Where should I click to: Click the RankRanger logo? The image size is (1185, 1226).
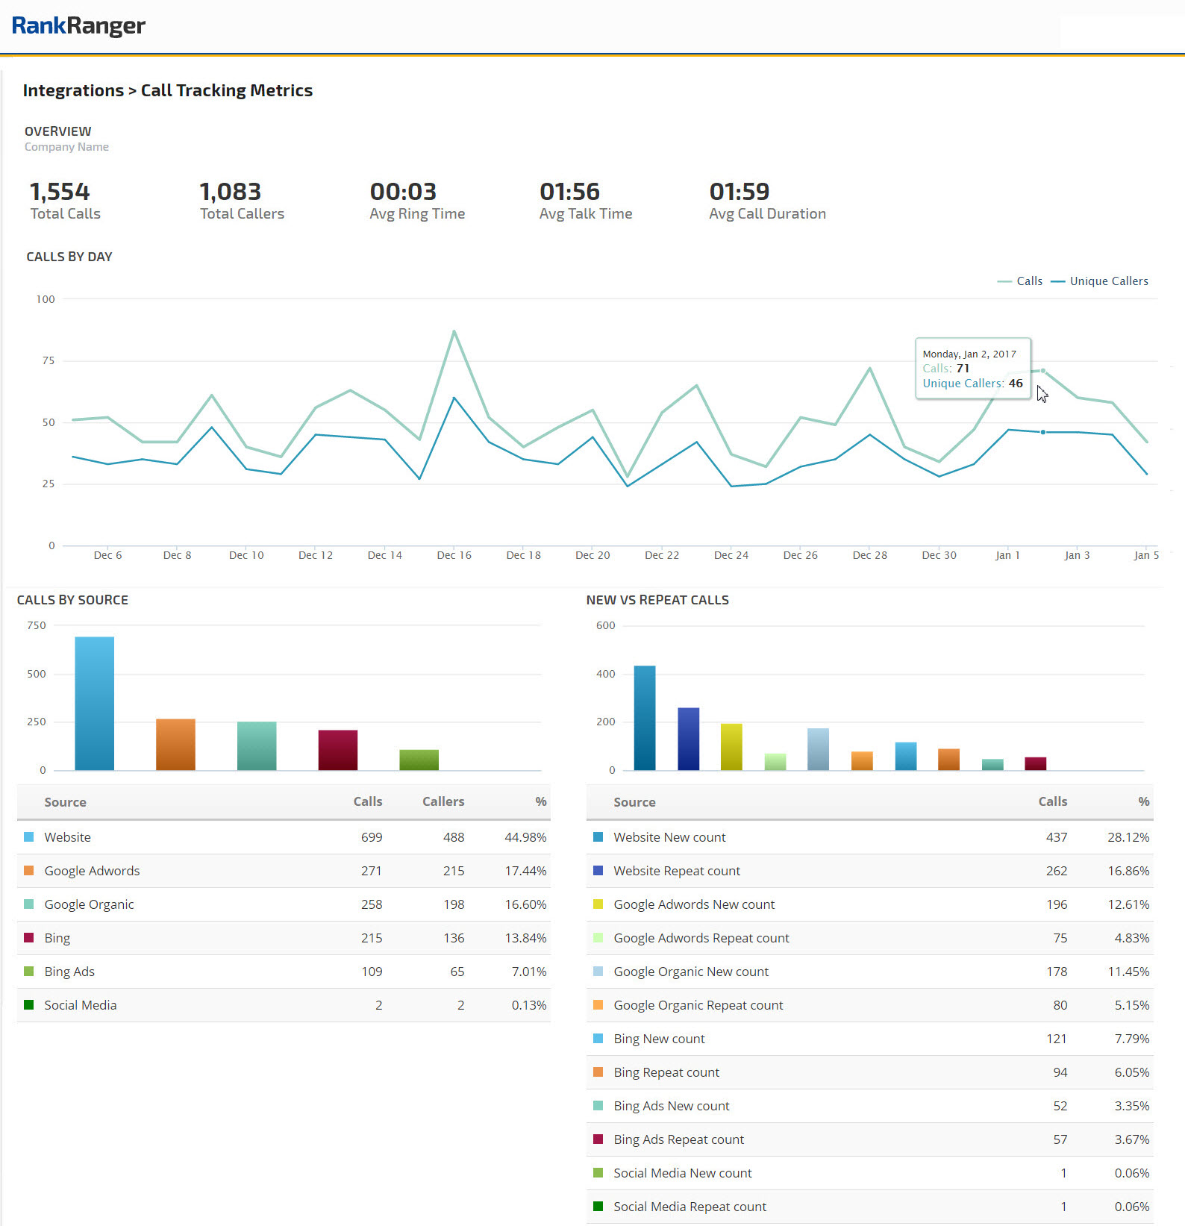[78, 26]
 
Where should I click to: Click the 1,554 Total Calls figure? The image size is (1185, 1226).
[60, 193]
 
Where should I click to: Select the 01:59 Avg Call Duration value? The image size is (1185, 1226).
[739, 193]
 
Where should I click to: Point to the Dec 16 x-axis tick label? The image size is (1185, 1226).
[454, 555]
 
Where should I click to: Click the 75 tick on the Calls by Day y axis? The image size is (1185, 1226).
[49, 361]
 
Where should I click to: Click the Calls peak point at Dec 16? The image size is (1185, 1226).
[454, 331]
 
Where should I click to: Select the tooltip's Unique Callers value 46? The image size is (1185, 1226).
[1016, 384]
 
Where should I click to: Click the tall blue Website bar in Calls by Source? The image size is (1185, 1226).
[95, 703]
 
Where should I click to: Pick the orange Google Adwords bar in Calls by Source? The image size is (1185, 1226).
[175, 744]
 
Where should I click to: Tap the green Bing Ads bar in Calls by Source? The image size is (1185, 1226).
[419, 760]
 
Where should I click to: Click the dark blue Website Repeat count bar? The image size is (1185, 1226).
[688, 739]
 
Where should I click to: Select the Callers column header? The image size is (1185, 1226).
[443, 802]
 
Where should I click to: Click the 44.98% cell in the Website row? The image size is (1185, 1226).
[525, 837]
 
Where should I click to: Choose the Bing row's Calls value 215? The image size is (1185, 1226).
[372, 938]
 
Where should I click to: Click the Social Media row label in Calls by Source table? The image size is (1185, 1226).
[81, 1005]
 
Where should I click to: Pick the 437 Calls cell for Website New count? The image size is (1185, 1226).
[1056, 837]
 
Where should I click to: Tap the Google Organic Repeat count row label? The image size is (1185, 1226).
[698, 1005]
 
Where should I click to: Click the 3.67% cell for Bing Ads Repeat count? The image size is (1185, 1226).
[1131, 1139]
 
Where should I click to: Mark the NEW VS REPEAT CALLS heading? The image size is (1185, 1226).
[657, 600]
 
